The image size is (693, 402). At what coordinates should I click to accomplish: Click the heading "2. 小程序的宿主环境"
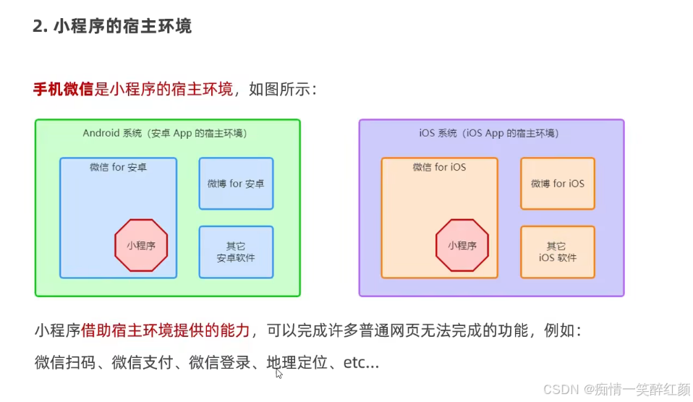click(x=112, y=27)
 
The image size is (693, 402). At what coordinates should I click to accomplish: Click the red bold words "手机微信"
click(x=64, y=90)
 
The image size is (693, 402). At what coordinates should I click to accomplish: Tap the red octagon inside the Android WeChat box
click(x=141, y=245)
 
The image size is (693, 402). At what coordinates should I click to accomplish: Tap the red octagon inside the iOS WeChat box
click(x=462, y=245)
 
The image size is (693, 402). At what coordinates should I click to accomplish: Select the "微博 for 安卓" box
click(x=236, y=184)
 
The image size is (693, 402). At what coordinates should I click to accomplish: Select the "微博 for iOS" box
click(x=558, y=184)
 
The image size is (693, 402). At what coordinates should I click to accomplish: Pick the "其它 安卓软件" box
click(x=236, y=252)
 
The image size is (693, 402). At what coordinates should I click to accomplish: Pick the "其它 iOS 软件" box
click(x=558, y=252)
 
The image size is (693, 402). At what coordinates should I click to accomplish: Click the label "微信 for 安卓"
click(x=118, y=168)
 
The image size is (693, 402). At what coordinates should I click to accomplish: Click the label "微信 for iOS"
click(x=439, y=168)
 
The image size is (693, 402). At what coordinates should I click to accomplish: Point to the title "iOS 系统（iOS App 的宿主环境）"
click(x=489, y=134)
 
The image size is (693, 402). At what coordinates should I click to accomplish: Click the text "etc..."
click(x=361, y=362)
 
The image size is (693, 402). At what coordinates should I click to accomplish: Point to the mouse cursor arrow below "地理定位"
click(x=279, y=373)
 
